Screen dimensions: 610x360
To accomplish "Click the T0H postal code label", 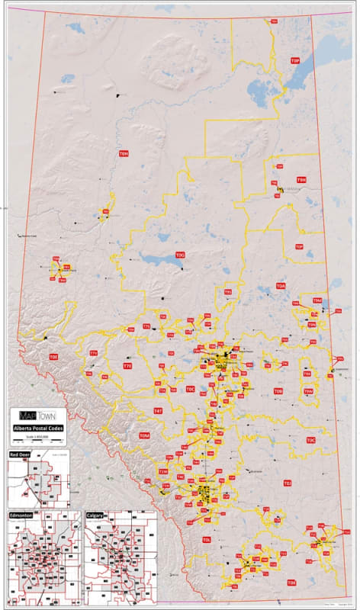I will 124,154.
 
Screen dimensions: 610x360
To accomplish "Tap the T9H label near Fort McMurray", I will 301,180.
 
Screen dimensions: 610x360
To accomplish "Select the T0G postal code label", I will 180,255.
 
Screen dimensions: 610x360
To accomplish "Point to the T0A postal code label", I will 281,286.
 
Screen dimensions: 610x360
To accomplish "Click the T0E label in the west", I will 53,356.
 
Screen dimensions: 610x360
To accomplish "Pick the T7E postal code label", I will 127,366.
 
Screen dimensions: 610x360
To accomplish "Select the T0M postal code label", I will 144,435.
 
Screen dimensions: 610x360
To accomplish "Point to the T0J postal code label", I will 288,483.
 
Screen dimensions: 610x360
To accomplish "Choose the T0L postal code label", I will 207,539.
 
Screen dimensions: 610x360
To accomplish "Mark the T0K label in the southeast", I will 291,583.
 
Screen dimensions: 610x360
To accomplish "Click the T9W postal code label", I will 308,391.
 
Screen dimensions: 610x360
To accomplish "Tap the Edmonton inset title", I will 20,515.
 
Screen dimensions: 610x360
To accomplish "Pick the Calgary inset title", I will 95,515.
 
